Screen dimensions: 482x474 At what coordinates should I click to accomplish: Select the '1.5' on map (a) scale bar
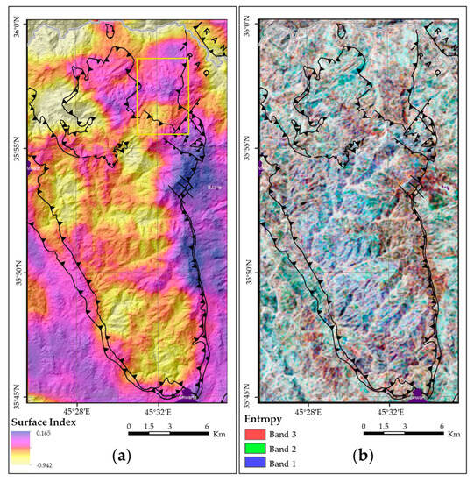pyautogui.click(x=151, y=423)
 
